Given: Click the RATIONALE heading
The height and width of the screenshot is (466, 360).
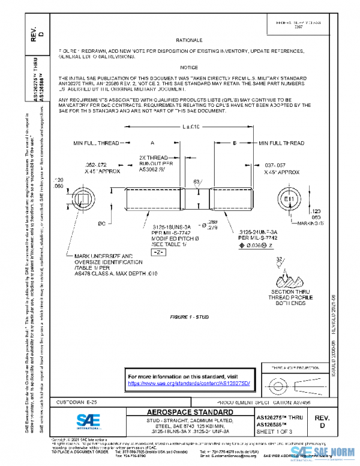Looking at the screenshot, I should click(x=189, y=40).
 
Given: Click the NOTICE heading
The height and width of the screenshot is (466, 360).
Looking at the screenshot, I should click(x=189, y=68).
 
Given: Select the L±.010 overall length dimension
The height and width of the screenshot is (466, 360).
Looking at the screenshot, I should click(x=190, y=127).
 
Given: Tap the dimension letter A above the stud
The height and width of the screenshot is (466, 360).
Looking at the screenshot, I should click(x=152, y=144).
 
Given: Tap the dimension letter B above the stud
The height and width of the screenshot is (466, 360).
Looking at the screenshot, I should click(x=234, y=144).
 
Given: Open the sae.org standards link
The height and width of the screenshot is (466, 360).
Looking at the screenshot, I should click(x=188, y=383).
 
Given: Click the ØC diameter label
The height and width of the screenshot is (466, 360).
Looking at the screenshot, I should click(x=101, y=223).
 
